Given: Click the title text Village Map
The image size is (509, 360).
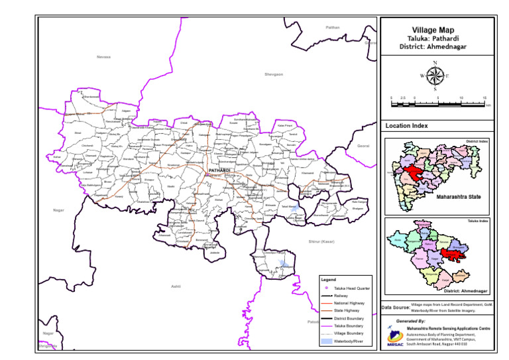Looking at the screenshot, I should point(435,30).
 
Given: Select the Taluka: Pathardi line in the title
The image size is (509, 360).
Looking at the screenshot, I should point(435,38).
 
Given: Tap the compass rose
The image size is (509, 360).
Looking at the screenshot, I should point(435,76).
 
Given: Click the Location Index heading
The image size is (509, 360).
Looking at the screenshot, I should point(406,125).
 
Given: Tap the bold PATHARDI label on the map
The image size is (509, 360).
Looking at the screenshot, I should point(219,170).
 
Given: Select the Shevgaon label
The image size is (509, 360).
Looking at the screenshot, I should point(274,75).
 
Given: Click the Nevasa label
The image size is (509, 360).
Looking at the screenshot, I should point(103,57).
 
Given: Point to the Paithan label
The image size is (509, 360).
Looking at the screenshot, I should point(333,27).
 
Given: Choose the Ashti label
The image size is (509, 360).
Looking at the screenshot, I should point(176,286).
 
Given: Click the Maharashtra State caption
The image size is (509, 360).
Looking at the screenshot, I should point(458,197).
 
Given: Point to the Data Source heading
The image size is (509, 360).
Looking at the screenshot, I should point(396,308).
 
